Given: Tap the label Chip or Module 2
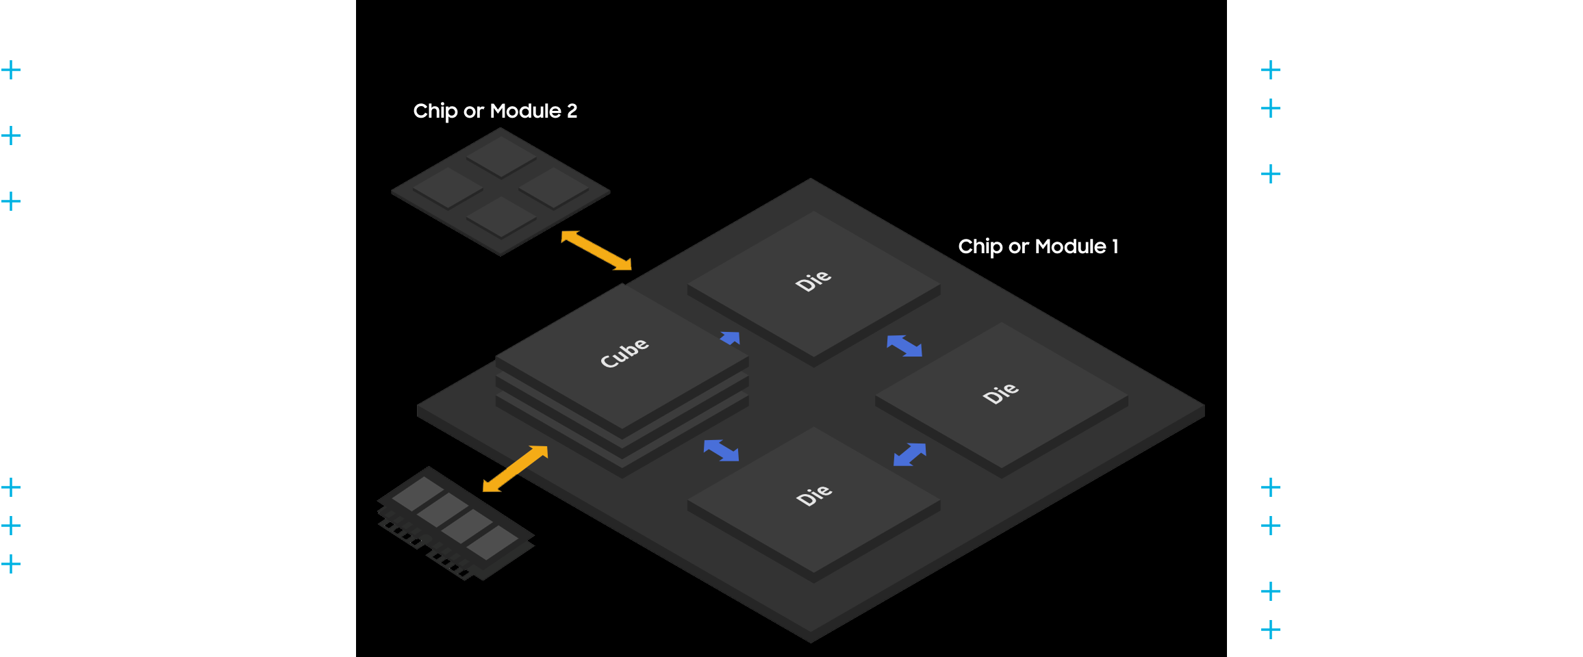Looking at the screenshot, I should pos(495,111).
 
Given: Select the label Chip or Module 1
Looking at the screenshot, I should pos(1038,246).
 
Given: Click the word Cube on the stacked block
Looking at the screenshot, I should pos(624,352).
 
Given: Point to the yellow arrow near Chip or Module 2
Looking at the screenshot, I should pos(596,250).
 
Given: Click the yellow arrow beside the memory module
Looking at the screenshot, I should pos(515,469).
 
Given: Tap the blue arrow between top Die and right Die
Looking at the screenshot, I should pos(904,346).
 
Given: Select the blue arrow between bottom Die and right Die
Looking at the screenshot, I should pos(910,454).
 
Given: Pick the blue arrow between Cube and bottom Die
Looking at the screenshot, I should pos(721,450).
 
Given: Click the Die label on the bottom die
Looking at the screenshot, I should pos(814,495).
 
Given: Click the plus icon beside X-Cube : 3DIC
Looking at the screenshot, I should pos(1270,174).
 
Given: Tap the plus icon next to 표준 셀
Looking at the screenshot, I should pos(11,487).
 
